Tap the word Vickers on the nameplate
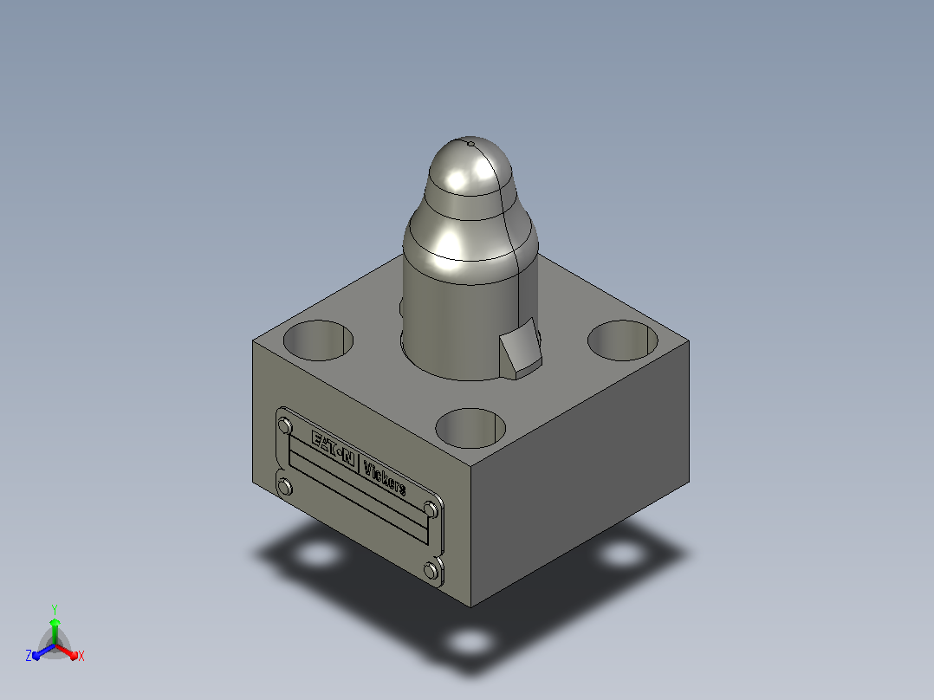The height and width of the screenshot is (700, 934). pyautogui.click(x=385, y=478)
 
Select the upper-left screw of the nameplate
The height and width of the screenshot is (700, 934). pyautogui.click(x=285, y=426)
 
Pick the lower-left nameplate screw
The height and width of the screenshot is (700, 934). pyautogui.click(x=285, y=488)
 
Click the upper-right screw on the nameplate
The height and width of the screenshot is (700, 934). pyautogui.click(x=431, y=510)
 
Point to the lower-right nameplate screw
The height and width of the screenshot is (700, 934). pyautogui.click(x=431, y=571)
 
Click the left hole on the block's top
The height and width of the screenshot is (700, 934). pyautogui.click(x=318, y=340)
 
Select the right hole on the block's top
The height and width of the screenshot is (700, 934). pyautogui.click(x=622, y=340)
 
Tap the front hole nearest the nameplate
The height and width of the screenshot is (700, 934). pyautogui.click(x=470, y=428)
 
